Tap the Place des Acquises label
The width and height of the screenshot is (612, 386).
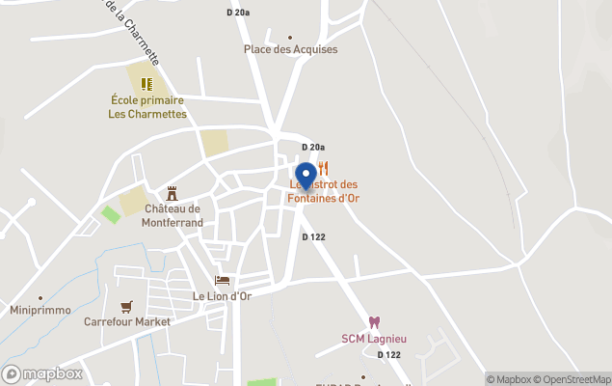pyautogui.click(x=290, y=49)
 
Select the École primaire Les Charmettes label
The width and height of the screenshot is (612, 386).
pyautogui.click(x=146, y=106)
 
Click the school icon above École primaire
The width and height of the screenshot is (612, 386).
pyautogui.click(x=146, y=84)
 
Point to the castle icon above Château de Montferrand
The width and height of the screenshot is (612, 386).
pyautogui.click(x=173, y=193)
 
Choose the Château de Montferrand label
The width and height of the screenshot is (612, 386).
pyautogui.click(x=173, y=215)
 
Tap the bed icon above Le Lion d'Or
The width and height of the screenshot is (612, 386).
pyautogui.click(x=223, y=280)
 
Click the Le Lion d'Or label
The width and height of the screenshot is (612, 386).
pyautogui.click(x=222, y=296)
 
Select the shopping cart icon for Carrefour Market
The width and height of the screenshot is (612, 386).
pyautogui.click(x=126, y=307)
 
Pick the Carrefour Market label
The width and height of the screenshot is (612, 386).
pyautogui.click(x=126, y=322)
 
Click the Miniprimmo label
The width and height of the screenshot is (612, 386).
pyautogui.click(x=40, y=311)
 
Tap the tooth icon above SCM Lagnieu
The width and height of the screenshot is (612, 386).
pyautogui.click(x=374, y=322)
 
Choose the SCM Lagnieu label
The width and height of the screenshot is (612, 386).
pyautogui.click(x=374, y=338)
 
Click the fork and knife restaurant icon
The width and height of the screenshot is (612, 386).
pyautogui.click(x=323, y=168)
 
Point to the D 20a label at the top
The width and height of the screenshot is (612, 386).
pyautogui.click(x=238, y=13)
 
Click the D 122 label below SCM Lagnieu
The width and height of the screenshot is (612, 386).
pyautogui.click(x=389, y=355)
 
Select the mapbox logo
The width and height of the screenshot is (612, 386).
pyautogui.click(x=42, y=373)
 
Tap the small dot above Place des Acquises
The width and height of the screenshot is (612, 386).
pyautogui.click(x=290, y=38)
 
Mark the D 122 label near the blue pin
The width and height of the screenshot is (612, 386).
pyautogui.click(x=313, y=237)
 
